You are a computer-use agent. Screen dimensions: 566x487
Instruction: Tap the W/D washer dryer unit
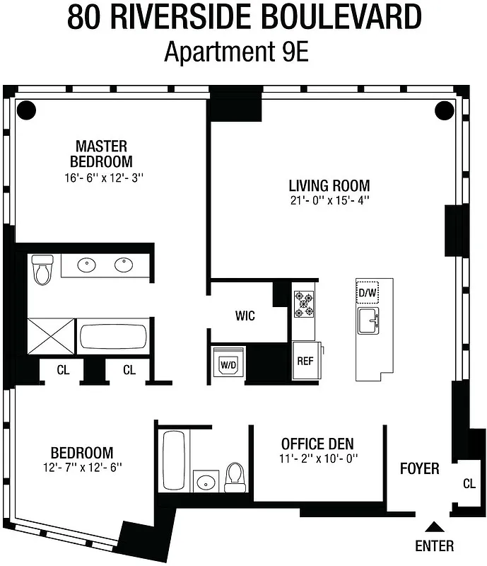(x=228, y=364)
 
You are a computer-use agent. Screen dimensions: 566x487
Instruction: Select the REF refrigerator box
(x=305, y=361)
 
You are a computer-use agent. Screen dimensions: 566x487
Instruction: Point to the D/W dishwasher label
(x=368, y=292)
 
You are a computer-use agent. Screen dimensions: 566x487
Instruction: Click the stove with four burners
(x=305, y=304)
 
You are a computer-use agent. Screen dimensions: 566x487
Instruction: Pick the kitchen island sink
(x=369, y=322)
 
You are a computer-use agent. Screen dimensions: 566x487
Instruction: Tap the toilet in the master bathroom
(x=42, y=269)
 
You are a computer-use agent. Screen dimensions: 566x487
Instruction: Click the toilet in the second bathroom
(x=235, y=478)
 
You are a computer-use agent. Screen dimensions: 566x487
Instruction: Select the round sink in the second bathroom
(x=205, y=483)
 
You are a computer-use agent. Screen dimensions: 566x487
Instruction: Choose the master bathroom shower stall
(x=50, y=336)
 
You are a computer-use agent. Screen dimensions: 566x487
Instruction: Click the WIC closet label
(x=245, y=316)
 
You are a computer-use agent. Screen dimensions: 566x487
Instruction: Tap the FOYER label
(x=419, y=468)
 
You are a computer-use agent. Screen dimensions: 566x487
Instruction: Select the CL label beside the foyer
(x=469, y=484)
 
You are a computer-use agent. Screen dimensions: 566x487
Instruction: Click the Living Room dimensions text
(x=329, y=201)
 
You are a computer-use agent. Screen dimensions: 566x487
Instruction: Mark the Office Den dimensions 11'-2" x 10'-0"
(x=317, y=458)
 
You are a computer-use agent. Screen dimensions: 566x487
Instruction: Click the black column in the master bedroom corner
(x=25, y=110)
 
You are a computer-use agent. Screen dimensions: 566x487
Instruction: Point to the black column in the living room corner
(x=444, y=110)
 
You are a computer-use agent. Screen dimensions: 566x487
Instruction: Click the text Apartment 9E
(x=236, y=52)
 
